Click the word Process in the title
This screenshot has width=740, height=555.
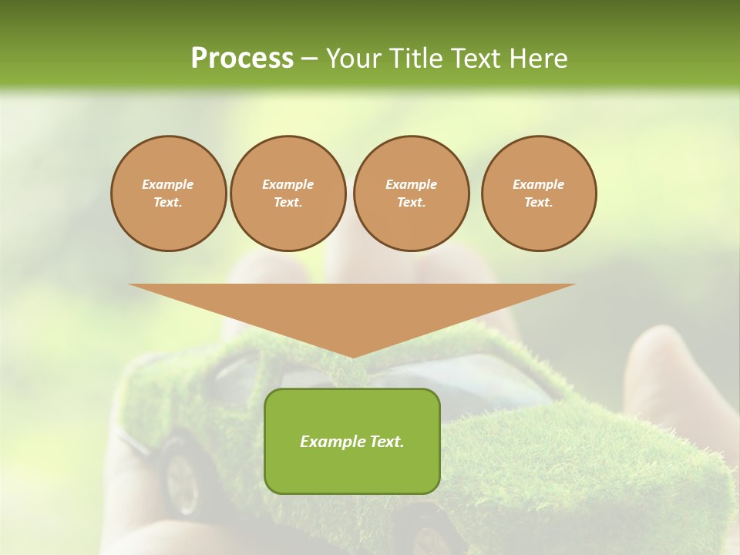[242, 58]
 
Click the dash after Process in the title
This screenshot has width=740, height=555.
[310, 59]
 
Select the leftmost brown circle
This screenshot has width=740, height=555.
[169, 193]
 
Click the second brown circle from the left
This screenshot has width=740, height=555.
[288, 193]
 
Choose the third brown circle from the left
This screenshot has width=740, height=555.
[411, 193]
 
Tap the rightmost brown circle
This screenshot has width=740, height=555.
[539, 193]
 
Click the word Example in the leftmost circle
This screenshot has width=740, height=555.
[168, 184]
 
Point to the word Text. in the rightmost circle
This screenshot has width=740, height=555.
[539, 202]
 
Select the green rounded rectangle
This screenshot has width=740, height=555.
[352, 441]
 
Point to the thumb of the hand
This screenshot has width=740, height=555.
[663, 370]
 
